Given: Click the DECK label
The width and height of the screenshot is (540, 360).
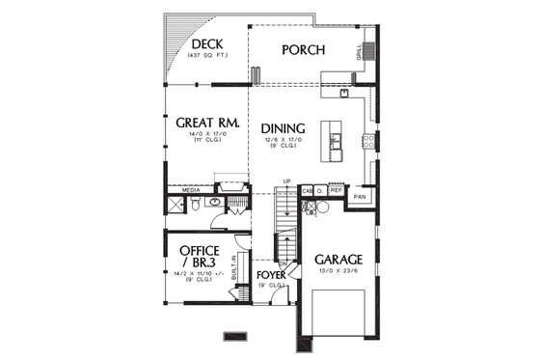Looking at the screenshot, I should (209, 45).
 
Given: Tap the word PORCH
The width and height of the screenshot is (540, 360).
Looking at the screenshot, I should (303, 50).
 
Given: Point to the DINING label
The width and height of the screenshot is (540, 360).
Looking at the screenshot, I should (283, 128).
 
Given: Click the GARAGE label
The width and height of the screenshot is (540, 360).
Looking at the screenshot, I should (337, 260).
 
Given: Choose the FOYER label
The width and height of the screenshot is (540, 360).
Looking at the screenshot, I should (272, 275).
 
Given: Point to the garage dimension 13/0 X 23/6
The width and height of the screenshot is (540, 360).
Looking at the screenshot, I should (337, 272).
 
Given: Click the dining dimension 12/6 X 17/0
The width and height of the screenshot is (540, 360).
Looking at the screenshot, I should (283, 141).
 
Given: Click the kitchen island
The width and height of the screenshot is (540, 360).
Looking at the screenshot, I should (334, 140).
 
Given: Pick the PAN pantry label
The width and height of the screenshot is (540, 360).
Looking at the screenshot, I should (360, 197).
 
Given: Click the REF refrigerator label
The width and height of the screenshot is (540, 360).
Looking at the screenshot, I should (337, 191).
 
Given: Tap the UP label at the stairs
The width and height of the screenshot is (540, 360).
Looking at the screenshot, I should (287, 180).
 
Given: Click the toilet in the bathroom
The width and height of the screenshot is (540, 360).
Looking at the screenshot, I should (195, 206).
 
